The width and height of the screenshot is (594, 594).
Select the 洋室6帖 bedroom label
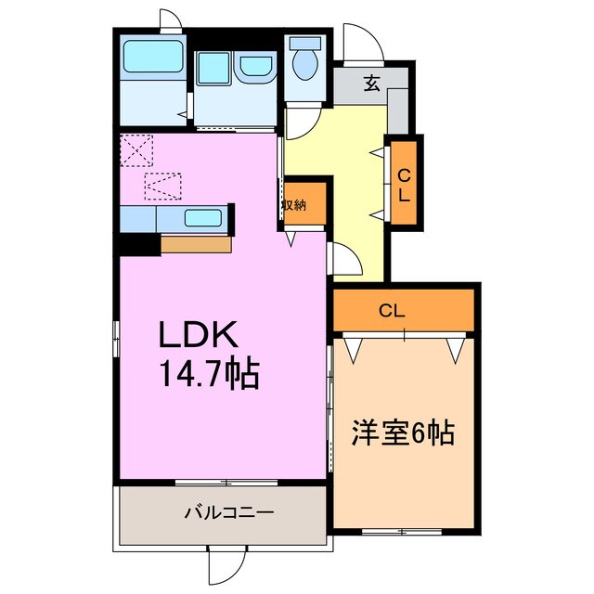tap(403, 432)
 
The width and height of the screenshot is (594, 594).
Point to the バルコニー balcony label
tap(222, 512)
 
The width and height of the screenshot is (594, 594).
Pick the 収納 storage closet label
tap(295, 205)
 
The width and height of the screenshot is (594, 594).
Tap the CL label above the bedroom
tap(392, 312)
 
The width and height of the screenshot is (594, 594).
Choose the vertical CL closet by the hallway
tap(405, 182)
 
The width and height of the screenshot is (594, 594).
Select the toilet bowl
tap(303, 61)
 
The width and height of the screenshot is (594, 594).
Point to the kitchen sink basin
tap(203, 218)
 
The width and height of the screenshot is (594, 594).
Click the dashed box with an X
tap(136, 148)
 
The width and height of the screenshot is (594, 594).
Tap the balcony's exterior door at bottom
tap(226, 564)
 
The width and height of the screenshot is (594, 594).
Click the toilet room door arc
tap(302, 122)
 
